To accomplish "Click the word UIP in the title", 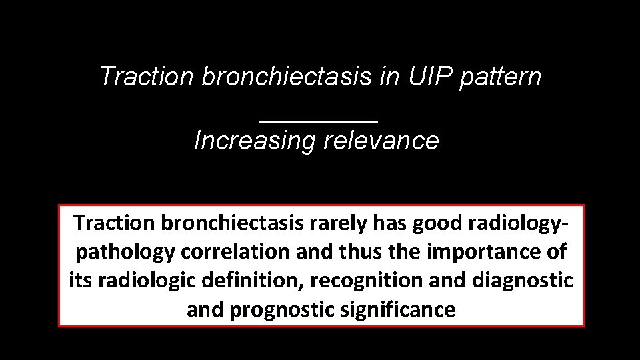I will pyautogui.click(x=422, y=77).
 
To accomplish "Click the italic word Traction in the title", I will pyautogui.click(x=146, y=77).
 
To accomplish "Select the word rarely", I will pyautogui.click(x=337, y=222).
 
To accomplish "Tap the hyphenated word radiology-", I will pyautogui.click(x=523, y=222).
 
